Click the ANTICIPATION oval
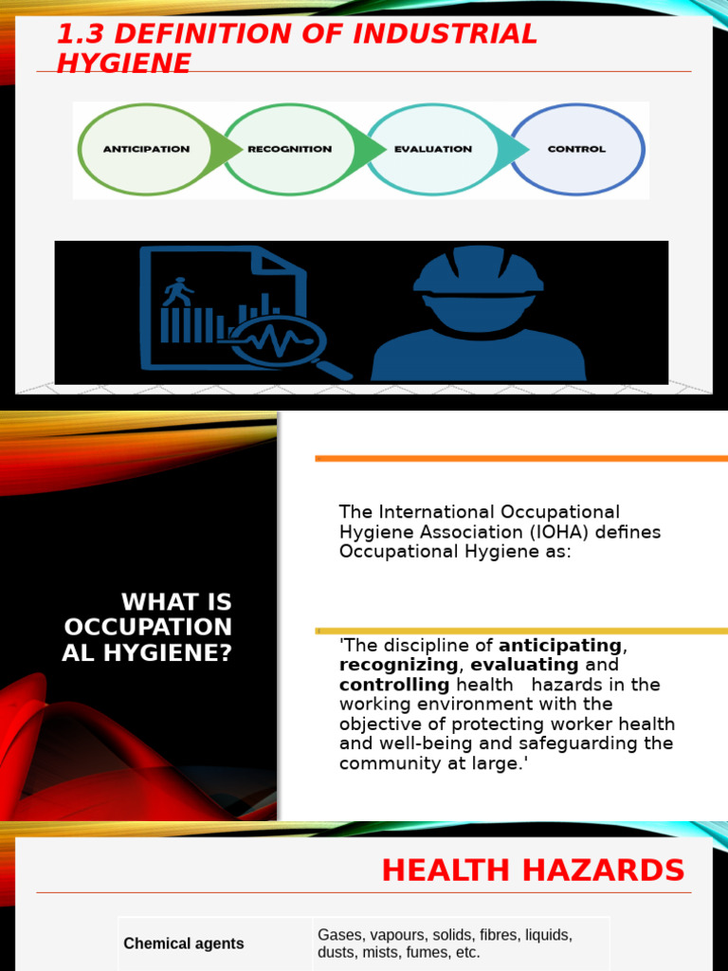coord(147,149)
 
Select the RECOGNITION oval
coord(289,149)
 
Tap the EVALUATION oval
coord(432,149)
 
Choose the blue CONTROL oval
coord(576,149)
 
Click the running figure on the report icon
coord(177,291)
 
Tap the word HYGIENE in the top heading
coord(123,63)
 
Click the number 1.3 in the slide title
coord(79,34)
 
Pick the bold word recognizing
coord(398,665)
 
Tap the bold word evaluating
coord(524,665)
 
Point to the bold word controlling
coord(394,685)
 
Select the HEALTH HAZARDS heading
coord(533,870)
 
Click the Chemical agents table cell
coord(184,944)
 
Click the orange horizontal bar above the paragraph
coord(521,458)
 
